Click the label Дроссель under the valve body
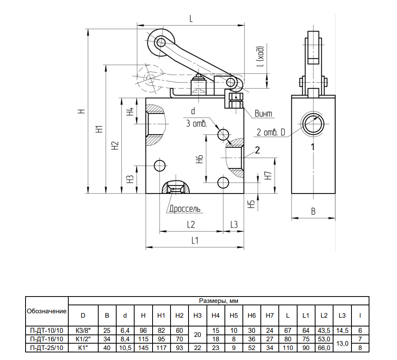pyautogui.click(x=185, y=208)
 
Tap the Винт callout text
pyautogui.click(x=263, y=114)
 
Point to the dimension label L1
pyautogui.click(x=195, y=241)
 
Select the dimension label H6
pyautogui.click(x=200, y=159)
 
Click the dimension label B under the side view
pyautogui.click(x=313, y=212)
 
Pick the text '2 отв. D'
pyautogui.click(x=271, y=132)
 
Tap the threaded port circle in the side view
pyautogui.click(x=314, y=124)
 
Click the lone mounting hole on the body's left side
pyautogui.click(x=160, y=166)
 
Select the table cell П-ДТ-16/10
pyautogui.click(x=47, y=339)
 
